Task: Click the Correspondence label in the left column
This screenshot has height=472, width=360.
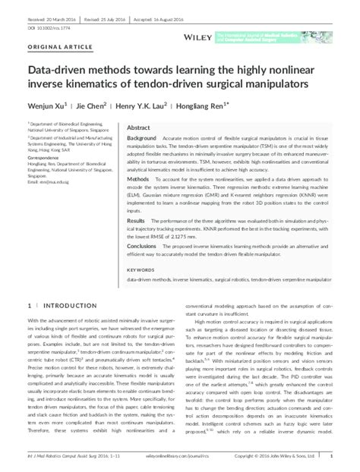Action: pyautogui.click(x=46, y=159)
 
